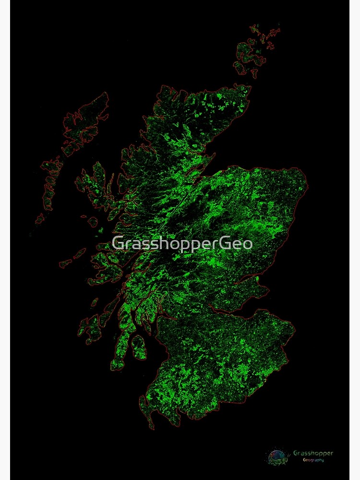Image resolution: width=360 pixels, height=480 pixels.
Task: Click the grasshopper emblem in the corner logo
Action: tap(277, 456)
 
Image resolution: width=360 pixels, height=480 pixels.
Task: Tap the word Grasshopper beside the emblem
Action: tap(312, 453)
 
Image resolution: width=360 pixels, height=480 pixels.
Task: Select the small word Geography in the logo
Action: tap(313, 460)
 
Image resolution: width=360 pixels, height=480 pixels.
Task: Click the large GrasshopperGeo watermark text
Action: tap(182, 243)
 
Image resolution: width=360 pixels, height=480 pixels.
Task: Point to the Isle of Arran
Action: tap(139, 347)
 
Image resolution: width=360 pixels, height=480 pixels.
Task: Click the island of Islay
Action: tap(89, 329)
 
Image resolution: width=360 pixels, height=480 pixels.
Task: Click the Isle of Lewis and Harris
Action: tap(84, 122)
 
